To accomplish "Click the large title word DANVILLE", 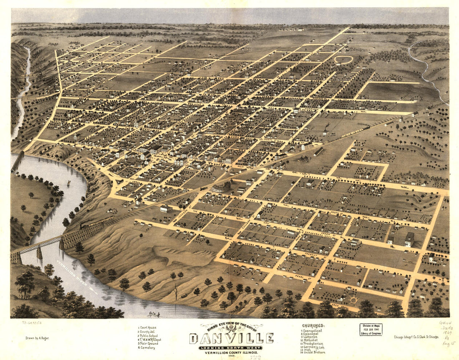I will pyautogui.click(x=232, y=338).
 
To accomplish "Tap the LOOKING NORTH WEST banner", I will pyautogui.click(x=230, y=347).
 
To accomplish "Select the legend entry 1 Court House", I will pyautogui.click(x=148, y=328).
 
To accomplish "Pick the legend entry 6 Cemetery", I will pyautogui.click(x=147, y=348).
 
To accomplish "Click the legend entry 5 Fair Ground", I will pyautogui.click(x=149, y=344).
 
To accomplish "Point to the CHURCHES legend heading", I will pyautogui.click(x=313, y=326).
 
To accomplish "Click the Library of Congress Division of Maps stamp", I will pyautogui.click(x=371, y=330).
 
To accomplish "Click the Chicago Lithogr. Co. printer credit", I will pyautogui.click(x=416, y=337).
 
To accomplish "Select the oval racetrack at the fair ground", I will pyautogui.click(x=343, y=60).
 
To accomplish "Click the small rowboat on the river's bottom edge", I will pyautogui.click(x=153, y=314).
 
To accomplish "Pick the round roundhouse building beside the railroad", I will pyautogui.click(x=222, y=187).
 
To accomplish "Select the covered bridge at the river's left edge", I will pyautogui.click(x=18, y=162).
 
